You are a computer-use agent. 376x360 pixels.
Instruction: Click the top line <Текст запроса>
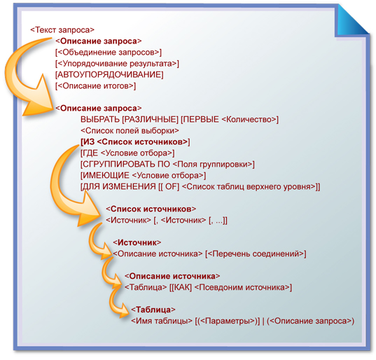pyautogui.click(x=62, y=30)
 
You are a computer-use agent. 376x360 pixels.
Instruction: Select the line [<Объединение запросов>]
pyautogui.click(x=109, y=53)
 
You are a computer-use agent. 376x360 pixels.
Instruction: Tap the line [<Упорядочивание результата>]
pyautogui.click(x=117, y=64)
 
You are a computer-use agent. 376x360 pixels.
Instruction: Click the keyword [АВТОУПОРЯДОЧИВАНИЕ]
pyautogui.click(x=109, y=75)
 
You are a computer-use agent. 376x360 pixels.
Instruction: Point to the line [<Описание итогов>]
pyautogui.click(x=95, y=86)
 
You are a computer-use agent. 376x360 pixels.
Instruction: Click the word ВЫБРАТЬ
pyautogui.click(x=100, y=120)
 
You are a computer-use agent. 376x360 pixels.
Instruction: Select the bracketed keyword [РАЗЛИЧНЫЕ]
pyautogui.click(x=151, y=120)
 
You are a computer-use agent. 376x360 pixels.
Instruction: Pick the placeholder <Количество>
pyautogui.click(x=249, y=120)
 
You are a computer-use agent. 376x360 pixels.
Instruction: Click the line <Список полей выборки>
pyautogui.click(x=130, y=131)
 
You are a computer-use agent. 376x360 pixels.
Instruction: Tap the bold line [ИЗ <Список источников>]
pyautogui.click(x=135, y=142)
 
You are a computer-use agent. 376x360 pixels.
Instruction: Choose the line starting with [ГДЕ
pyautogui.click(x=127, y=153)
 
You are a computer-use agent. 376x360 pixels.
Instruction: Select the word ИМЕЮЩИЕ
pyautogui.click(x=106, y=176)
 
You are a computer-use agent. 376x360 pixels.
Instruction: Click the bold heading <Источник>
pyautogui.click(x=137, y=243)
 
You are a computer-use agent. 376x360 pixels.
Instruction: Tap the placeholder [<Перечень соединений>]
pyautogui.click(x=256, y=254)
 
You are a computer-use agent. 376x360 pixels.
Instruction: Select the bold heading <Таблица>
pyautogui.click(x=153, y=310)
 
